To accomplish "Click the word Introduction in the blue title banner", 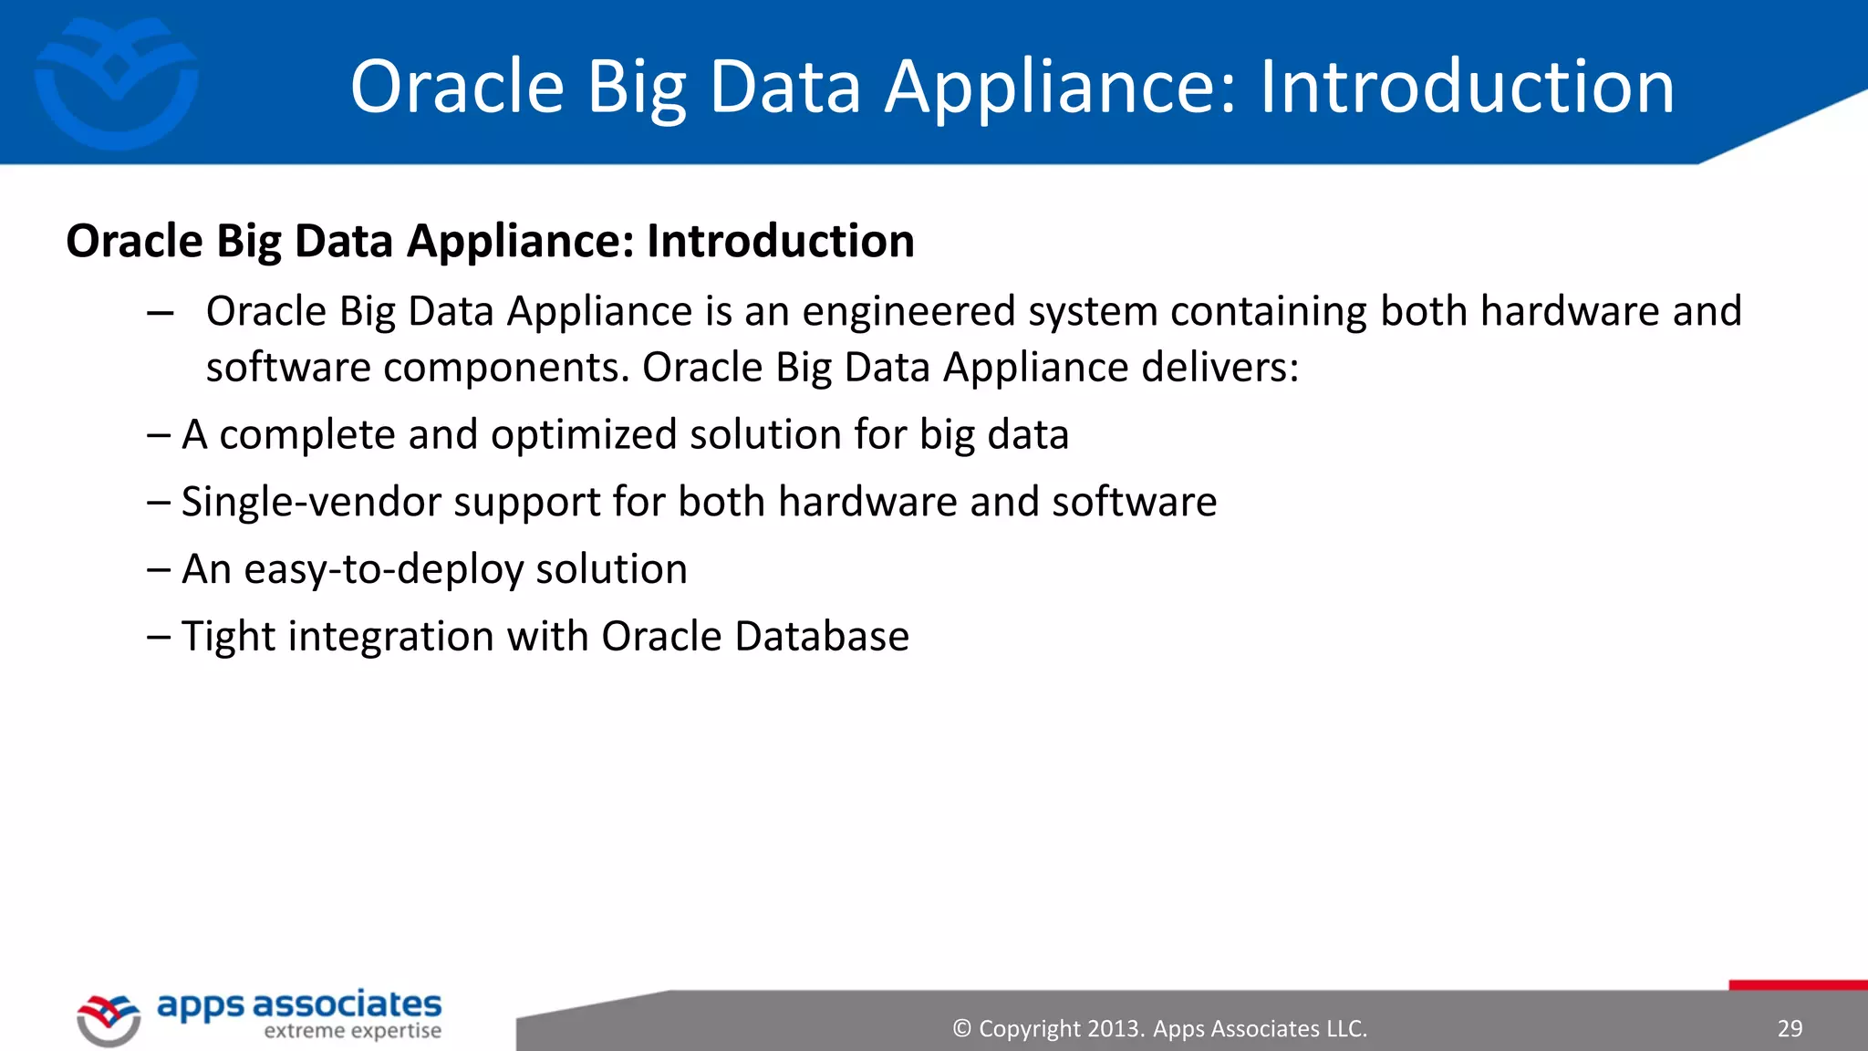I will [x=1467, y=87].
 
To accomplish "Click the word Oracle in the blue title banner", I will [x=457, y=87].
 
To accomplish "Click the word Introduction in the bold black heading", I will [x=780, y=242].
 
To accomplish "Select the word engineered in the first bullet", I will [x=908, y=312].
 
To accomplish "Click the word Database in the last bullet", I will [x=821, y=637].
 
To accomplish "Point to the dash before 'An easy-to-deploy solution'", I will [x=158, y=570].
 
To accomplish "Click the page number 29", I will [x=1790, y=1029].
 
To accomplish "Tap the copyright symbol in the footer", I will [x=961, y=1029].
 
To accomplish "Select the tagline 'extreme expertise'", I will [x=352, y=1032].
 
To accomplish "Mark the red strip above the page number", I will [x=1797, y=985].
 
